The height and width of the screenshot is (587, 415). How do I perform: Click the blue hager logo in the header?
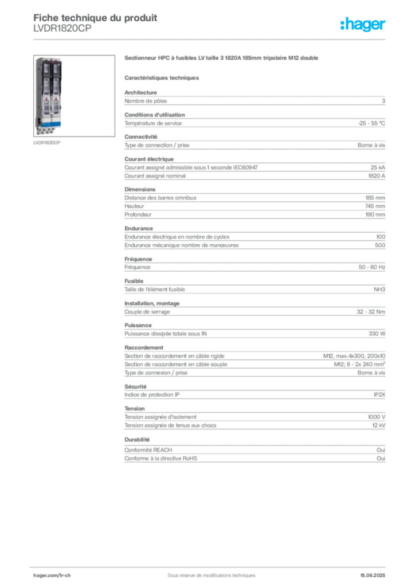coord(363,25)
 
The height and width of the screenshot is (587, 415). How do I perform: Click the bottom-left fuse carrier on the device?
coord(43,109)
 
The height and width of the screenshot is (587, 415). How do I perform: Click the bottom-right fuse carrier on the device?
coord(56,109)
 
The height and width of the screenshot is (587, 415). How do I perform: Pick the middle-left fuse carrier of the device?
coord(43,89)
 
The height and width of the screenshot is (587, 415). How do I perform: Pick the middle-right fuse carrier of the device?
coord(56,89)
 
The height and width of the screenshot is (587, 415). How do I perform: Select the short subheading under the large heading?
coord(162,77)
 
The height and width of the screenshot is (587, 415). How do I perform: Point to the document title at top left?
coord(95,18)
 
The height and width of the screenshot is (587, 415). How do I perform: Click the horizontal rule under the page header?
coord(211,40)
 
